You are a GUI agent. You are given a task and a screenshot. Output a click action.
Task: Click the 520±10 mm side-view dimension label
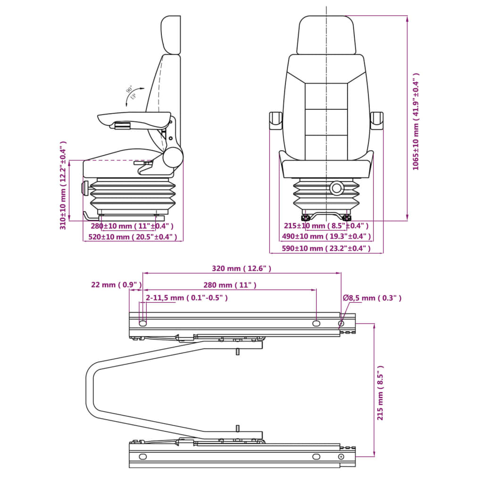[x=133, y=237]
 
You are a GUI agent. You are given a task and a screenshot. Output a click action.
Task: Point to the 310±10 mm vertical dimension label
[x=63, y=185]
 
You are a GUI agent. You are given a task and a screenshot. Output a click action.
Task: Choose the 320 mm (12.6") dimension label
[x=241, y=268]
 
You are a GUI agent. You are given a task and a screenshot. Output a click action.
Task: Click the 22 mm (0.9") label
[x=116, y=284]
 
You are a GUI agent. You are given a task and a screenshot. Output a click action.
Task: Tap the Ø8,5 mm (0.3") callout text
[x=372, y=298]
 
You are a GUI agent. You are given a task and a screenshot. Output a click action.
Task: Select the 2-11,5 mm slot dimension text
[x=187, y=298]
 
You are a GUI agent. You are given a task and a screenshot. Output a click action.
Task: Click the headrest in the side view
[x=171, y=34]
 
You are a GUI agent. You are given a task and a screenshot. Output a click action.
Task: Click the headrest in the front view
[x=325, y=35]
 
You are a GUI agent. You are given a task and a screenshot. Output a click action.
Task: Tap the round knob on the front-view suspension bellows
[x=337, y=188]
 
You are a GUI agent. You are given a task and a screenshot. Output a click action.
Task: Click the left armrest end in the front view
[x=275, y=120]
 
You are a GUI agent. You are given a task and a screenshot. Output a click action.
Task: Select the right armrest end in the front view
[x=377, y=120]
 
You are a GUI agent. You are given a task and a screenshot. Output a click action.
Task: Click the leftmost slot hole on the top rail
[x=142, y=323]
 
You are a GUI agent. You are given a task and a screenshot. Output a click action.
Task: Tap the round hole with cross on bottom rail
[x=341, y=457]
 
